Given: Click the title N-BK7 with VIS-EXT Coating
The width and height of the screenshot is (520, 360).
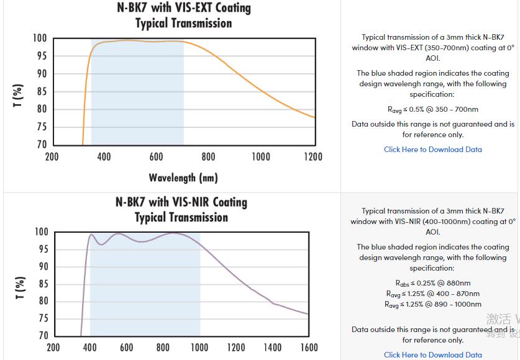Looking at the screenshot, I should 184,8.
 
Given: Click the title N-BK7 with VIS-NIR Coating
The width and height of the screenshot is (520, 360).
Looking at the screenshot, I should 181,202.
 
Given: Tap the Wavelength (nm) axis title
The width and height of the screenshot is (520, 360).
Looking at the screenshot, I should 183,178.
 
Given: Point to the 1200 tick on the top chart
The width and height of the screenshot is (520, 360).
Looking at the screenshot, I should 312,156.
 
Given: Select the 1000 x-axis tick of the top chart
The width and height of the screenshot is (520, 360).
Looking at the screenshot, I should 260,156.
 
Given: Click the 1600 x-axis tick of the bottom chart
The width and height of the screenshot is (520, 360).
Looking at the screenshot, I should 308,348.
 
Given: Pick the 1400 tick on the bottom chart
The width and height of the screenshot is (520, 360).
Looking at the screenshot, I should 272,348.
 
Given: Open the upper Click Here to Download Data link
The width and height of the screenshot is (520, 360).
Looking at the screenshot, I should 432,150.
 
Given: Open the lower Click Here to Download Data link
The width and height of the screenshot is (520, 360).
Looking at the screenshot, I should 432,355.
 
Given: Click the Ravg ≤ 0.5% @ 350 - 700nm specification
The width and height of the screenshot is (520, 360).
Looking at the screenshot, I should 432,109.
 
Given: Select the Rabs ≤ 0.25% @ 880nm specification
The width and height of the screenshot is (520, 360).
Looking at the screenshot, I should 432,283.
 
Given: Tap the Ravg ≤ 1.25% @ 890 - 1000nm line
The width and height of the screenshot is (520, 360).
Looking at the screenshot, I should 432,304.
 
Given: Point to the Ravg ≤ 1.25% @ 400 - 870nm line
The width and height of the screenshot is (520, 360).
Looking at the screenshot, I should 432,294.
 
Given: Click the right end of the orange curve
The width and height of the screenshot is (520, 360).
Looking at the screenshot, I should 314,117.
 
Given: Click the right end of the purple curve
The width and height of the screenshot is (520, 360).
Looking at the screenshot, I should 308,313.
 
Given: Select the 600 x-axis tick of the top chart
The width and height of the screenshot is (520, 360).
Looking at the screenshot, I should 156,156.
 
